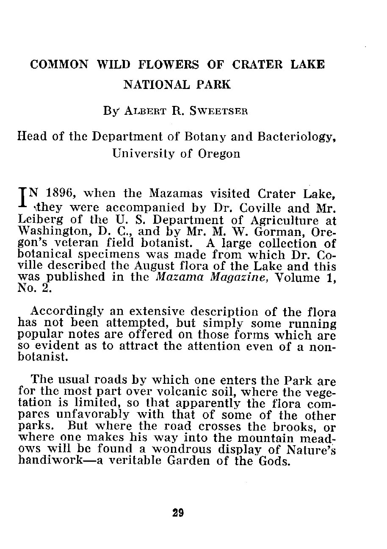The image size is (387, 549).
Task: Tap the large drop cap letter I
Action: pyautogui.click(x=22, y=200)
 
